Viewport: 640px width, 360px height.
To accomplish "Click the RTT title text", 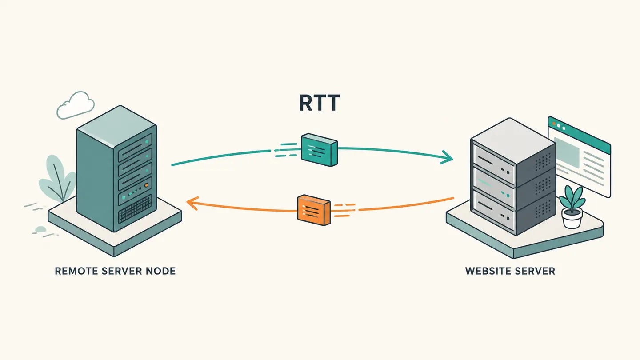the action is point(319,103).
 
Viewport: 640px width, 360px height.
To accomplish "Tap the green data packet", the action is point(320,150).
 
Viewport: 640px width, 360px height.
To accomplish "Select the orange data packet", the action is point(314,210).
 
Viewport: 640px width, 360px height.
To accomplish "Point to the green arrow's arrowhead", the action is point(447,157).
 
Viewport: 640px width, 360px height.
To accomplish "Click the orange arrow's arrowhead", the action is point(192,204).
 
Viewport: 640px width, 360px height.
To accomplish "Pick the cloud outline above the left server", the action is point(76,105).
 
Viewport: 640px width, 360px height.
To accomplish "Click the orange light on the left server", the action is point(146,185).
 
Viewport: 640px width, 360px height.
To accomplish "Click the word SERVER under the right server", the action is point(536,271).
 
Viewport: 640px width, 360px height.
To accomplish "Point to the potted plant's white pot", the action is point(572,218).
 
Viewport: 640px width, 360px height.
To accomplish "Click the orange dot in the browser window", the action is point(554,124).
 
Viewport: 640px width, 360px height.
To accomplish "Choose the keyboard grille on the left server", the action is point(135,209).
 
